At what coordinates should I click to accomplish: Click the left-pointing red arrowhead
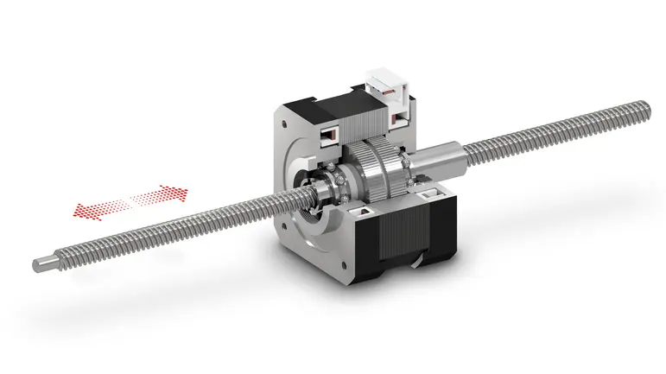[80, 208]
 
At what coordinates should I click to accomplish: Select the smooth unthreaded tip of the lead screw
[48, 263]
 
